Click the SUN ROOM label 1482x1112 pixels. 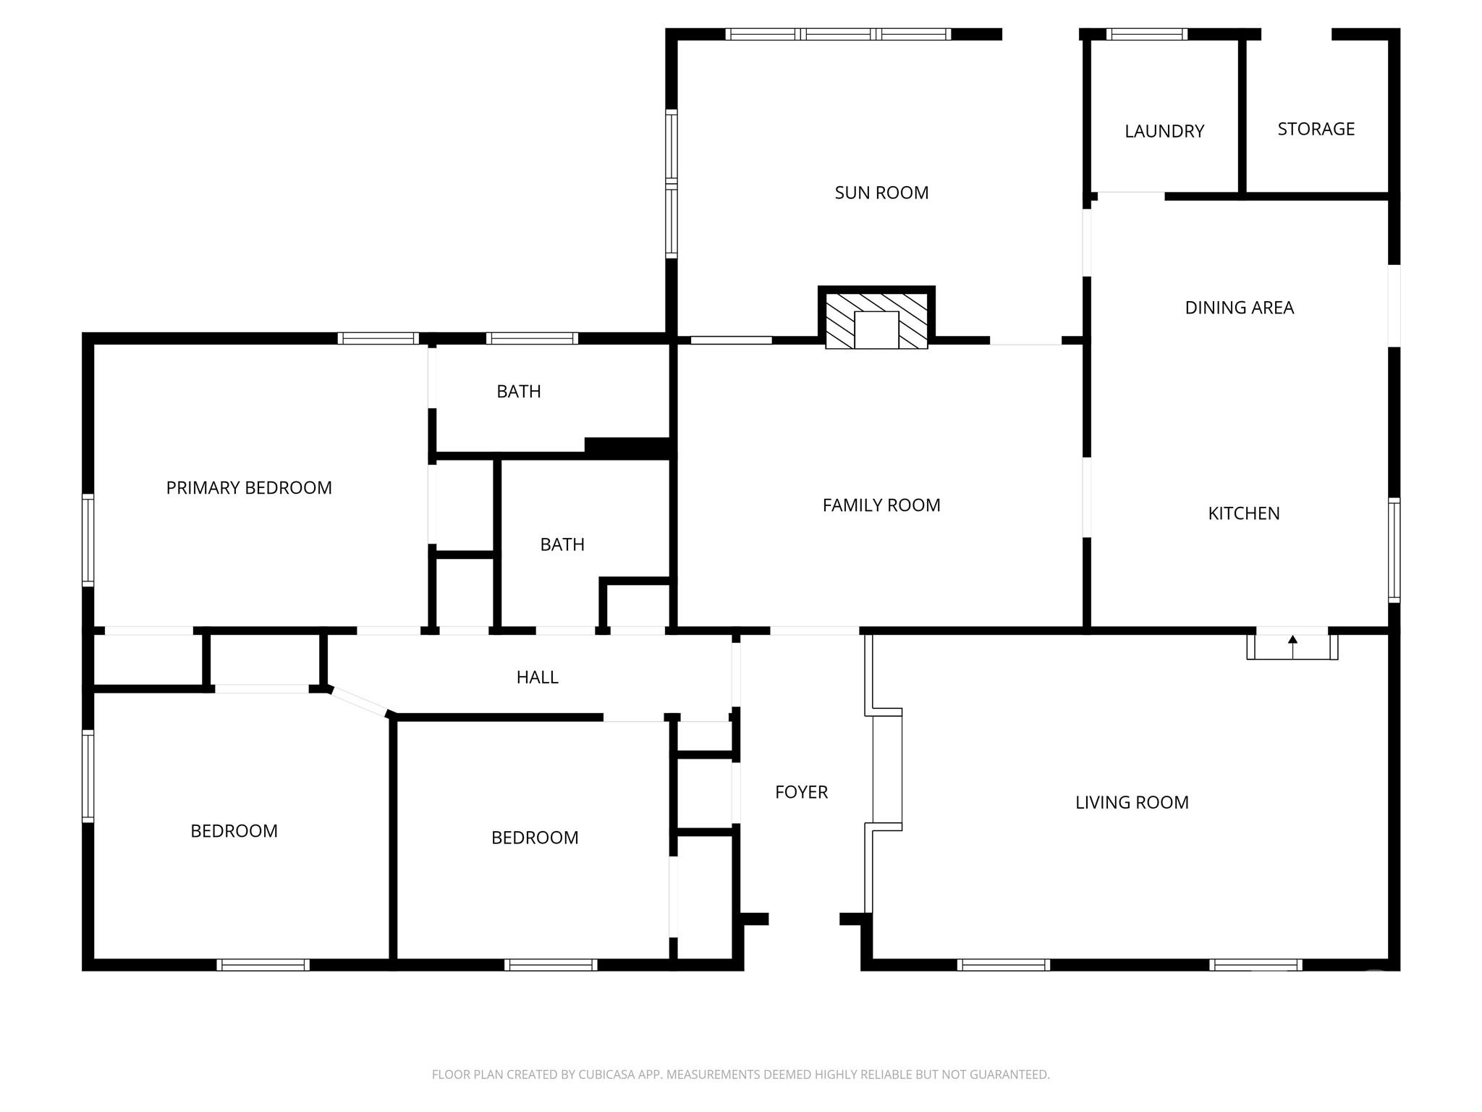(881, 193)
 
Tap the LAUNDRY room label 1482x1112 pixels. (1164, 131)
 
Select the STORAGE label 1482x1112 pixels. (1316, 129)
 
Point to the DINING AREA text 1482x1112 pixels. (1239, 308)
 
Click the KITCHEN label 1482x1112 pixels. (1244, 513)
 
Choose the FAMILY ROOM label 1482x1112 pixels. (881, 505)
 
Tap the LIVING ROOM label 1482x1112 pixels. (1132, 802)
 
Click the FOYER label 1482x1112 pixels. (801, 792)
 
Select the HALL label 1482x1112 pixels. (537, 678)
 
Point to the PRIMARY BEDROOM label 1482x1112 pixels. (249, 488)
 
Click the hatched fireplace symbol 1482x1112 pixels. (876, 321)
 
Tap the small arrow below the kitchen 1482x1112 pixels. (1292, 646)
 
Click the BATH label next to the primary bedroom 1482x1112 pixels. (519, 392)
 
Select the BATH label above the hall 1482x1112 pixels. (562, 544)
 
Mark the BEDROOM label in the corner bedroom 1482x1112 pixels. (234, 831)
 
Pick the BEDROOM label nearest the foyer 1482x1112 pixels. (535, 838)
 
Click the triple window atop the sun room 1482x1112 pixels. (838, 34)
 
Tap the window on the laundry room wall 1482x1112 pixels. (1147, 34)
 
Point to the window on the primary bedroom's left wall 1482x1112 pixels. (88, 540)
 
